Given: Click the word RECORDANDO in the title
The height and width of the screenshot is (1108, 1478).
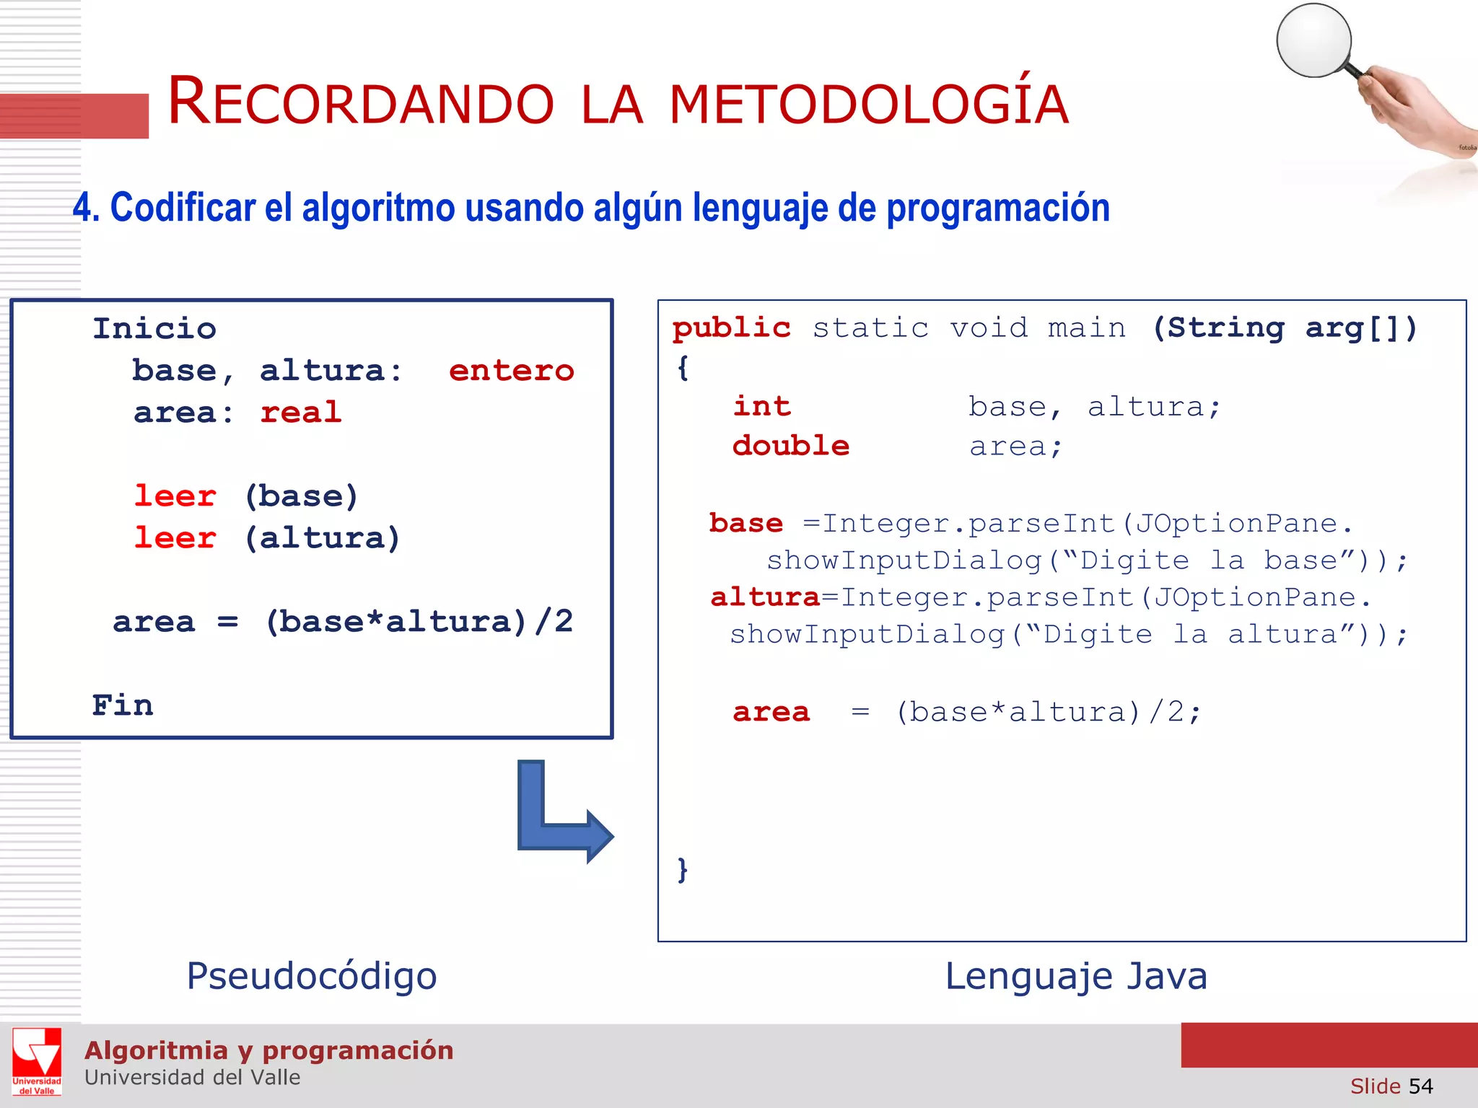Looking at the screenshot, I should pyautogui.click(x=361, y=103).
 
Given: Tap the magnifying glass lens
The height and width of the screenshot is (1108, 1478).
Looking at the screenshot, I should pyautogui.click(x=1313, y=40).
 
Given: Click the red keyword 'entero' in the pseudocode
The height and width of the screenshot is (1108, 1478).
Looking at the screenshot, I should pyautogui.click(x=511, y=371).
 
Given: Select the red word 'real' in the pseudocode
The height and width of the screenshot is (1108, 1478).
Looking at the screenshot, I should pyautogui.click(x=300, y=413).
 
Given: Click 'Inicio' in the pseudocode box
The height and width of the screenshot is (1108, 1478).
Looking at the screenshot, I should pyautogui.click(x=154, y=329).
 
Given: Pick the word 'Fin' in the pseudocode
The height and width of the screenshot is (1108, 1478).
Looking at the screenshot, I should pyautogui.click(x=123, y=705).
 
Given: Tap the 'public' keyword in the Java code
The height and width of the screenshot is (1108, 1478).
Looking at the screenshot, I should pyautogui.click(x=731, y=328).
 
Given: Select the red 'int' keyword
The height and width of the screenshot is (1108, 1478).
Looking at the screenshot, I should pyautogui.click(x=762, y=406).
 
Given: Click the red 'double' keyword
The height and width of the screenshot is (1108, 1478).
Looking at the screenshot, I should pyautogui.click(x=791, y=446).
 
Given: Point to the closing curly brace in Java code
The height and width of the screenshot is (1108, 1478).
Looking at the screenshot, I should pyautogui.click(x=683, y=869).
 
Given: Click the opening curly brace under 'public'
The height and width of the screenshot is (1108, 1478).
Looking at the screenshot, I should pyautogui.click(x=683, y=368).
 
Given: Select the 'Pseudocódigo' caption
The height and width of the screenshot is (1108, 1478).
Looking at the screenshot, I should pyautogui.click(x=312, y=976).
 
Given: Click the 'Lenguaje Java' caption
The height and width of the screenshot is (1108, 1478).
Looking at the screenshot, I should pyautogui.click(x=1075, y=976).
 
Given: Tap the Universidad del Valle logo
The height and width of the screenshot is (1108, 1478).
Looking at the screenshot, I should pyautogui.click(x=37, y=1061).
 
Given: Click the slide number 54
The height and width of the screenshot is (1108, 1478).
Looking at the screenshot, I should pyautogui.click(x=1420, y=1086).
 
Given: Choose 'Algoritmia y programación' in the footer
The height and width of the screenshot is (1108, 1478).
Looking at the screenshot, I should pyautogui.click(x=268, y=1050).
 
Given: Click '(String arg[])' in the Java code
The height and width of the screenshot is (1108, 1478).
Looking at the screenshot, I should pyautogui.click(x=1285, y=328).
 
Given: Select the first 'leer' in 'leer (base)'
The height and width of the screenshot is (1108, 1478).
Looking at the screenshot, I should pyautogui.click(x=175, y=496).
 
